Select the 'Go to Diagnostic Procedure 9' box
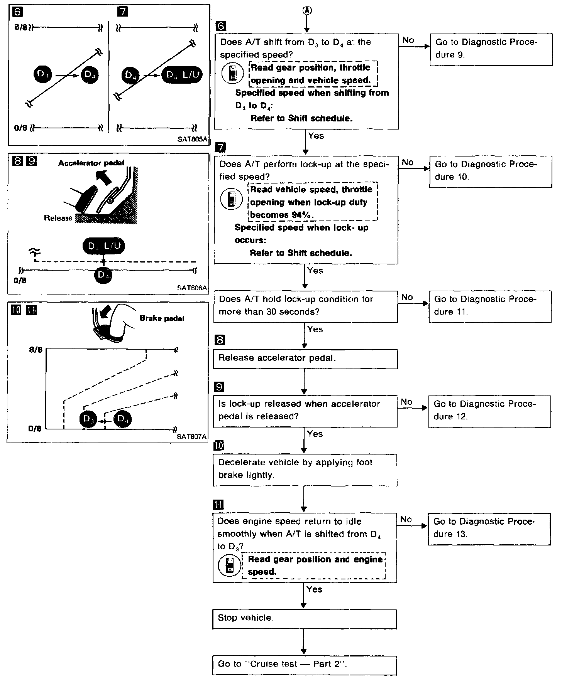click(491, 49)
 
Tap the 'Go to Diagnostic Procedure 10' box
click(491, 171)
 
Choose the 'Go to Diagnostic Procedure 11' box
click(490, 306)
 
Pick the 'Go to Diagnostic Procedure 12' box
click(489, 411)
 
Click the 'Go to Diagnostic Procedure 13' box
click(489, 528)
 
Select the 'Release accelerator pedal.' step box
click(305, 359)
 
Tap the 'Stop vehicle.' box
click(305, 619)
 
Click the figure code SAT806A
click(192, 288)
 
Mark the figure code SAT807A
click(191, 437)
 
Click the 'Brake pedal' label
click(162, 318)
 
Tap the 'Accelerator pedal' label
click(91, 163)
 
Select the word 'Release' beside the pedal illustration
click(58, 218)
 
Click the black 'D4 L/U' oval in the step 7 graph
click(184, 75)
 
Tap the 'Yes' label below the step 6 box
click(316, 136)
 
